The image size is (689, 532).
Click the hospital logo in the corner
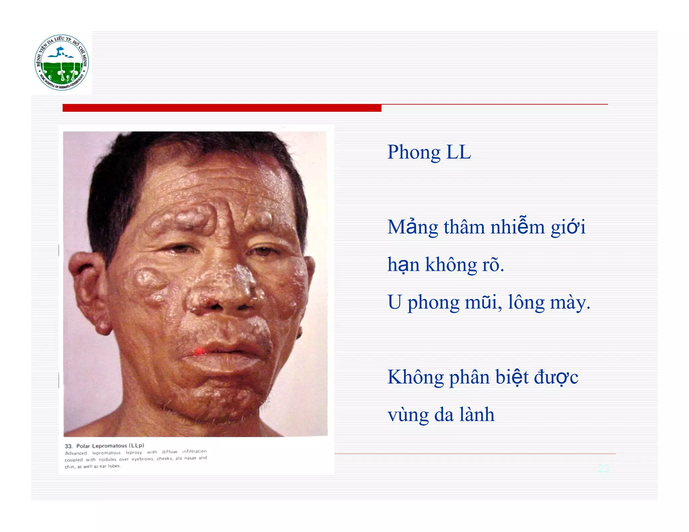click(62, 63)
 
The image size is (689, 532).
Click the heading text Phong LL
click(429, 152)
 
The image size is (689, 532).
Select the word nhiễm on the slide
click(517, 227)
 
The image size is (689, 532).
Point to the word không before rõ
click(451, 265)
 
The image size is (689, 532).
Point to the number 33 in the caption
click(69, 446)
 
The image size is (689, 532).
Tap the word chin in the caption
click(70, 467)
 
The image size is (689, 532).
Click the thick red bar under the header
click(222, 108)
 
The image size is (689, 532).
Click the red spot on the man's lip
click(200, 351)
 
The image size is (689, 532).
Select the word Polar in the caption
click(83, 446)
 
